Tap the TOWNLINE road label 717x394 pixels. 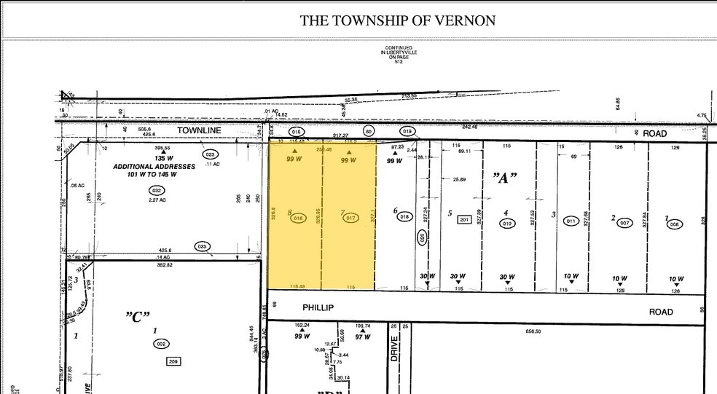199,130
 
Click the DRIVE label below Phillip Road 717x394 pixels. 394,354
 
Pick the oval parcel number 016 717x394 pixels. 297,218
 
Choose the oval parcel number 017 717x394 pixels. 350,217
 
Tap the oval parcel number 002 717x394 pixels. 162,343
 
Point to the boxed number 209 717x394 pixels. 173,360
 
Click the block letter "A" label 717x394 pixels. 502,178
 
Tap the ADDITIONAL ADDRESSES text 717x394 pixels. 154,167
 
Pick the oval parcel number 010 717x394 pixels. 506,224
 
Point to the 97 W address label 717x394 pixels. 362,337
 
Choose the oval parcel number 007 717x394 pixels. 624,223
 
